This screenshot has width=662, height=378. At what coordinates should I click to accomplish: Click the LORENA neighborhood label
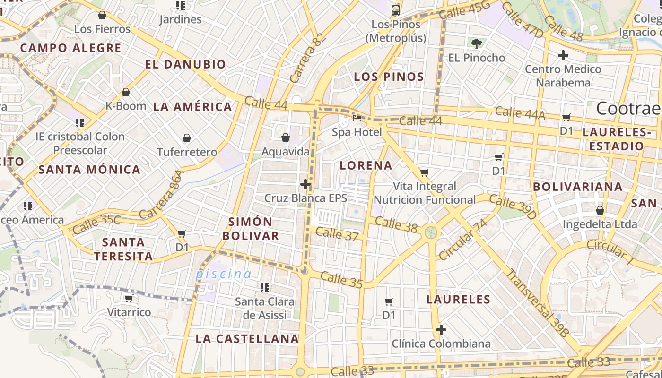click(366, 165)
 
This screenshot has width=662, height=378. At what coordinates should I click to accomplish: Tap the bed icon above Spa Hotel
click(357, 118)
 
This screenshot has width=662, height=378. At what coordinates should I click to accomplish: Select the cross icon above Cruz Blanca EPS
click(305, 184)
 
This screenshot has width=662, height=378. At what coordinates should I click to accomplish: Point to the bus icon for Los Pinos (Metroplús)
click(396, 10)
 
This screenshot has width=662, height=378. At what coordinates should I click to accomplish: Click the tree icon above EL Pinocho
click(476, 44)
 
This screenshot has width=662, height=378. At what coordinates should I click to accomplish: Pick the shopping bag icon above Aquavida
click(286, 137)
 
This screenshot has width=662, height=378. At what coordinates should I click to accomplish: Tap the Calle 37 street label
click(337, 233)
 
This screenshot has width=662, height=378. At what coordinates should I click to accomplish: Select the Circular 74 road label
click(463, 240)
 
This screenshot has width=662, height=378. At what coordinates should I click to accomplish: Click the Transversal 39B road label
click(537, 303)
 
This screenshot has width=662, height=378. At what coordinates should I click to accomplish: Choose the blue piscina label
click(224, 274)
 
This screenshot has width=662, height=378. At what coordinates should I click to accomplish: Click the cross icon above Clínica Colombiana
click(441, 329)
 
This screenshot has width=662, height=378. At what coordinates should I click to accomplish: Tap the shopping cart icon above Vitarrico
click(129, 299)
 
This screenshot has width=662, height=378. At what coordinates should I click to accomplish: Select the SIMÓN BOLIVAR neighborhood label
click(251, 229)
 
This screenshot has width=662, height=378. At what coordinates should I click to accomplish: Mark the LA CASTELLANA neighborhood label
click(247, 338)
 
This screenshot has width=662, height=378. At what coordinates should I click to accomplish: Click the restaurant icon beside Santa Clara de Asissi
click(265, 287)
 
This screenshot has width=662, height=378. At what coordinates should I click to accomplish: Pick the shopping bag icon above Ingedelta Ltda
click(600, 210)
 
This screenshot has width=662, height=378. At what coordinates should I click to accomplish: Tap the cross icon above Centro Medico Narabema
click(563, 55)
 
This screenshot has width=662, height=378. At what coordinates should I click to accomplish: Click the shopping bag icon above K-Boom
click(126, 92)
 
